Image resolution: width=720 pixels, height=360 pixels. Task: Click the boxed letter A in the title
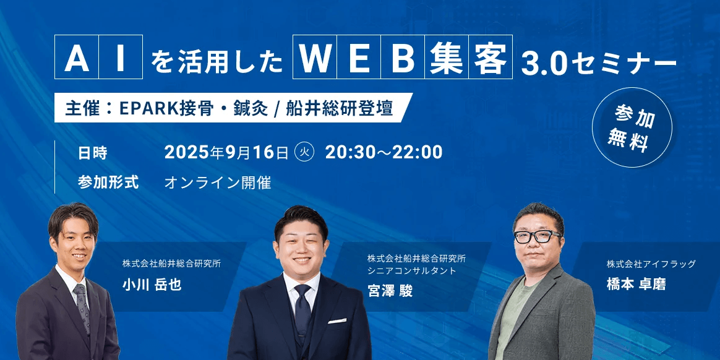click(x=76, y=57)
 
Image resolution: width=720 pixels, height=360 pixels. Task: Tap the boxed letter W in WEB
click(x=315, y=57)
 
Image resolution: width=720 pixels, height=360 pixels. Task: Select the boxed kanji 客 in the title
click(x=491, y=57)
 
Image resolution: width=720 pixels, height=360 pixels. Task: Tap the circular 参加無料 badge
click(x=632, y=127)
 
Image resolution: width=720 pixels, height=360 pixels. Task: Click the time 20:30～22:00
click(x=384, y=153)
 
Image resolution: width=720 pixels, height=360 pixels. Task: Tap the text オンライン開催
click(x=218, y=182)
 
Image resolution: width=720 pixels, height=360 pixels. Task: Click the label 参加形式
click(x=108, y=182)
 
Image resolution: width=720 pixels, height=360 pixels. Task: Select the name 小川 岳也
click(x=152, y=285)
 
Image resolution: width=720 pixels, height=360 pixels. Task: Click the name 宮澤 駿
click(x=390, y=290)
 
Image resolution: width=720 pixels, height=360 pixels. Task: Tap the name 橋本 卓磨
click(x=636, y=284)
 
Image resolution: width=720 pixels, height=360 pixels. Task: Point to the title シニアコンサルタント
click(x=412, y=271)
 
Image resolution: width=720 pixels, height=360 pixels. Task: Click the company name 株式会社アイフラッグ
click(x=651, y=264)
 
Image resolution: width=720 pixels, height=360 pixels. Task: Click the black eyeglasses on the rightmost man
click(x=538, y=237)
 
